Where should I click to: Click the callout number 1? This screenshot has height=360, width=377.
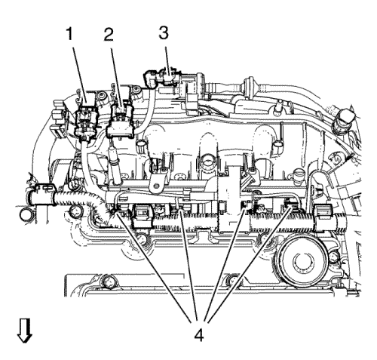click(69, 34)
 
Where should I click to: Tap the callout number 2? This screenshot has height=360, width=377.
click(109, 35)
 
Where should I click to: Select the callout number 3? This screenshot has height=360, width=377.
click(164, 33)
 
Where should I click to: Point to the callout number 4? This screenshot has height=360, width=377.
click(198, 335)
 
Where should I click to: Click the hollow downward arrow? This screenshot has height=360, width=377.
click(24, 331)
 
